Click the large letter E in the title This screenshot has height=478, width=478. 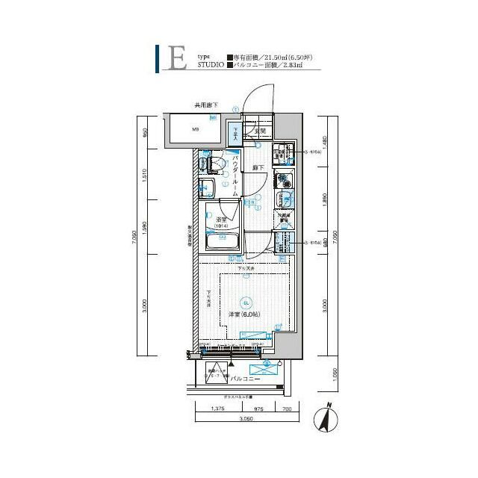pos(177,59)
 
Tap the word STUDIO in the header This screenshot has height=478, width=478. pos(211,66)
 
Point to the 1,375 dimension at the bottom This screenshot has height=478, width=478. pos(218,409)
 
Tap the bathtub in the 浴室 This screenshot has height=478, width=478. pos(222,241)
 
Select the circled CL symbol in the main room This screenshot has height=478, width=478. pos(245,302)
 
